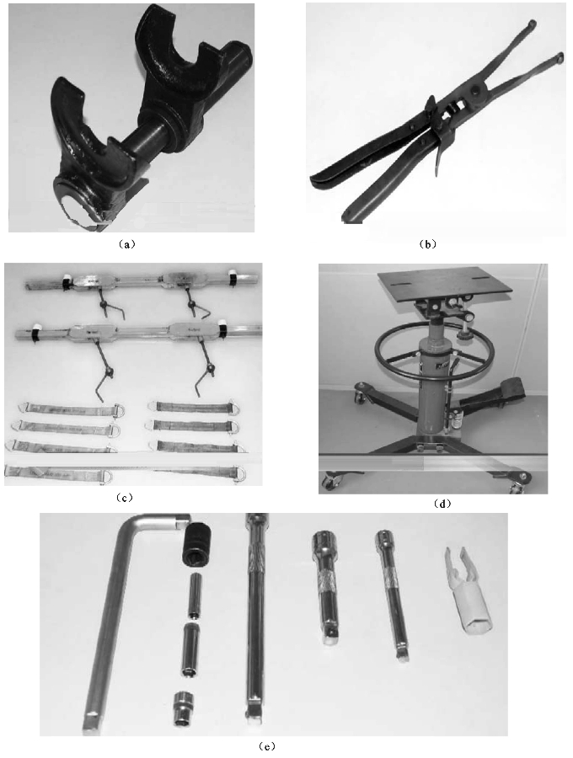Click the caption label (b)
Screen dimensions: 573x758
click(427, 244)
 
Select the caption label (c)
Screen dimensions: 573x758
click(124, 498)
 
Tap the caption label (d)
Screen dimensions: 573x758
click(442, 504)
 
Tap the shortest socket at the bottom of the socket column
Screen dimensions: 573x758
click(182, 705)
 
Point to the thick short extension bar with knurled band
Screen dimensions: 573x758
click(325, 588)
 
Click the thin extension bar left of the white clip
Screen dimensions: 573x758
click(392, 595)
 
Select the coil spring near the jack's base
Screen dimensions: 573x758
click(454, 419)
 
